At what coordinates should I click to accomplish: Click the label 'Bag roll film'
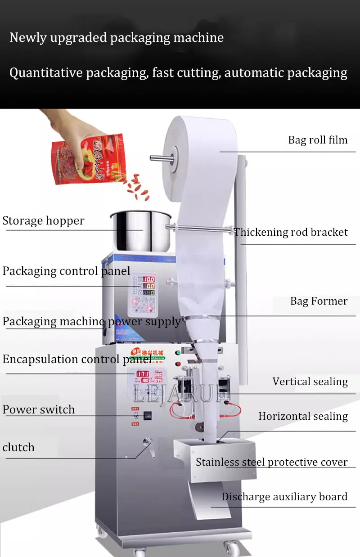tap(318, 140)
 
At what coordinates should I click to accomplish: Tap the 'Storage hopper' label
tap(43, 221)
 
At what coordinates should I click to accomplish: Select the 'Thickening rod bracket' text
tap(291, 232)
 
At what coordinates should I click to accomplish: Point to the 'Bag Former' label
tap(319, 301)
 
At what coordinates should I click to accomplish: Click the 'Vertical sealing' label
tap(310, 382)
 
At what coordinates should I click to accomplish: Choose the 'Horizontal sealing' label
tap(303, 417)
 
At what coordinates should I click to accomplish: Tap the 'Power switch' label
tap(39, 410)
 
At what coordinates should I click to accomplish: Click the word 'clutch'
tap(18, 448)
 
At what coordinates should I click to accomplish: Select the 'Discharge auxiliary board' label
tap(284, 497)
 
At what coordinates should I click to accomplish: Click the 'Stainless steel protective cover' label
tap(272, 462)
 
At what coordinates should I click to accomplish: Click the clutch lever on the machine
tap(147, 445)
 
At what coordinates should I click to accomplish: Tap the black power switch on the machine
tap(147, 416)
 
